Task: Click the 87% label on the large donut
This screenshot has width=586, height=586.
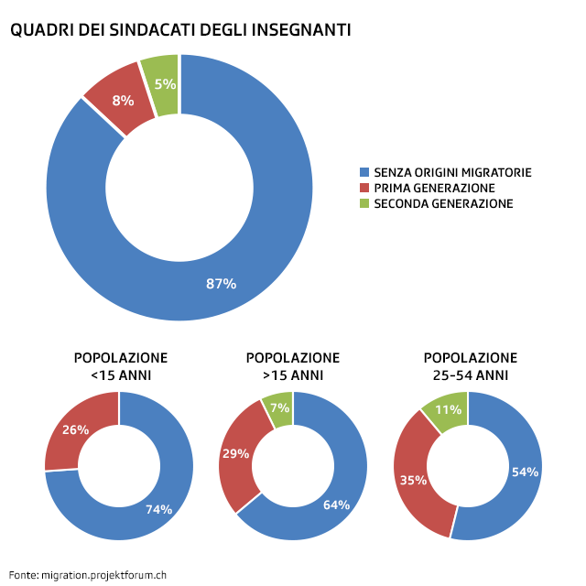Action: (221, 284)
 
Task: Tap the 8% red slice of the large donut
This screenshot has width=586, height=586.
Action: (123, 101)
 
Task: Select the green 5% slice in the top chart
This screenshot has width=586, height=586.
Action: (164, 84)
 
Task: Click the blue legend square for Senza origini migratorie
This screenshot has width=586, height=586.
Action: (364, 172)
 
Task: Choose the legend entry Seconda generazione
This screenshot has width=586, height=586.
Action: (443, 203)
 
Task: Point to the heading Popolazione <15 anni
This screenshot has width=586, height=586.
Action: (120, 366)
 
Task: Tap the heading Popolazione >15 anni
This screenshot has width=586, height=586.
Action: (292, 366)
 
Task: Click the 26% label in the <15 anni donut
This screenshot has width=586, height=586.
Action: (75, 429)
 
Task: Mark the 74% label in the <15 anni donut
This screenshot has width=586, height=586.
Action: (158, 509)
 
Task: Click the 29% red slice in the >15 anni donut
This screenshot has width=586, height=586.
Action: (235, 453)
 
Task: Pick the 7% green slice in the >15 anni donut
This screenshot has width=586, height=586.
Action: (279, 407)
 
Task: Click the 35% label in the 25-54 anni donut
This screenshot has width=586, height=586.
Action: (412, 478)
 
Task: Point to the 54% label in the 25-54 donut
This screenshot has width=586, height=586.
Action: (525, 472)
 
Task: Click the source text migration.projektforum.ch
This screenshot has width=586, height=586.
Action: (103, 576)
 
